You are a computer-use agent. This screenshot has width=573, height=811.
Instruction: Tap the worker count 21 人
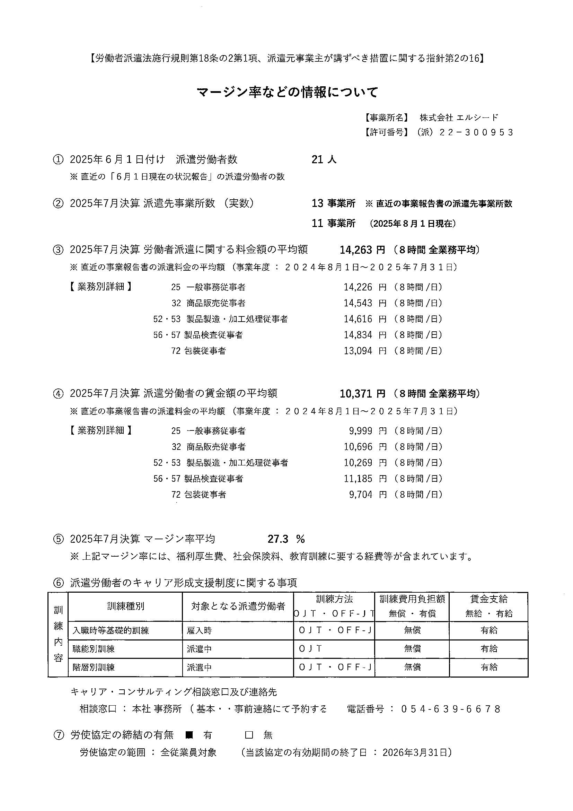[x=324, y=160]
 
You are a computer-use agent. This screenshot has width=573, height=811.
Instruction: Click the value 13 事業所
[x=333, y=203]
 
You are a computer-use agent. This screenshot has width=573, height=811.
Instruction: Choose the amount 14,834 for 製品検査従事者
[x=358, y=335]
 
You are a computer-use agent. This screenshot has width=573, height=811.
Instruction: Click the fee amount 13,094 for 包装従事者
[x=358, y=351]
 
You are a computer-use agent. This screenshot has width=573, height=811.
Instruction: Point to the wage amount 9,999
[x=361, y=431]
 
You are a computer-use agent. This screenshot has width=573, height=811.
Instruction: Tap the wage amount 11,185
[x=358, y=479]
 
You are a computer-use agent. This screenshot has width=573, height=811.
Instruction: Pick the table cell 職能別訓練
[x=94, y=649]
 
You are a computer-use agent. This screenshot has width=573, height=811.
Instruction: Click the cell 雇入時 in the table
[x=200, y=630]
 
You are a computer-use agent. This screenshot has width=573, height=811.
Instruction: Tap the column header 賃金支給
[x=488, y=599]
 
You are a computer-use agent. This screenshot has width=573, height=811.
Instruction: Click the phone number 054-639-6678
[x=450, y=709]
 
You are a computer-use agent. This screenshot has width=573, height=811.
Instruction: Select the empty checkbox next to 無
[x=249, y=735]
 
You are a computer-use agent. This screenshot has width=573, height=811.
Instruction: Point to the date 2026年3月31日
[x=415, y=752]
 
